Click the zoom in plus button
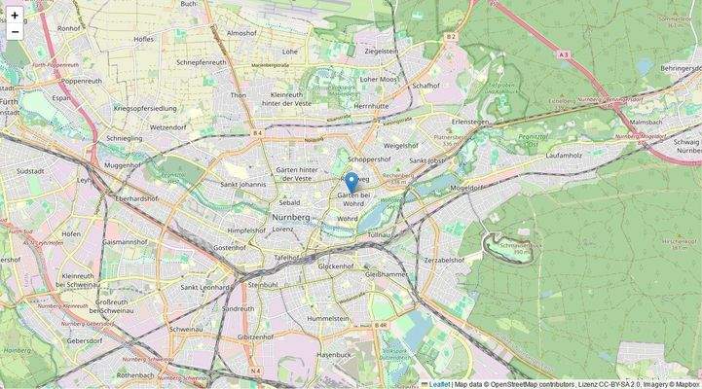pos(15,15)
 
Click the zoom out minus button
pos(15,31)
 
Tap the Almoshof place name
pos(241,32)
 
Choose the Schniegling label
pos(124,139)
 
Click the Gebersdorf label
pos(85,341)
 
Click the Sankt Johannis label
pos(243,183)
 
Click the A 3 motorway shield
pos(564,55)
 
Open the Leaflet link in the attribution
pos(439,383)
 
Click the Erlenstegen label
pos(469,122)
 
